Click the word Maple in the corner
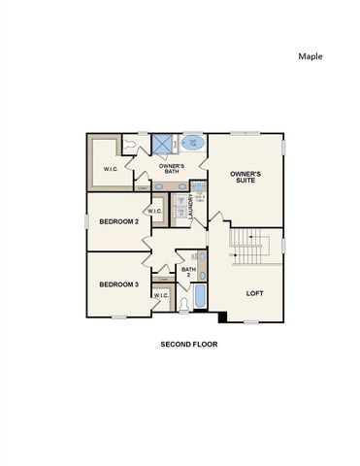(x=310, y=56)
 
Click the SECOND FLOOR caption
(x=188, y=344)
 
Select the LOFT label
(x=254, y=292)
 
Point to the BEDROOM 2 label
(x=118, y=221)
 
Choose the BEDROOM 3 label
(x=118, y=284)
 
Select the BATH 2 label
(x=188, y=272)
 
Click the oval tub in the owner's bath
(x=193, y=144)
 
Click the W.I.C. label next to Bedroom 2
(x=155, y=211)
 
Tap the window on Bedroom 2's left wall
(x=87, y=221)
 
